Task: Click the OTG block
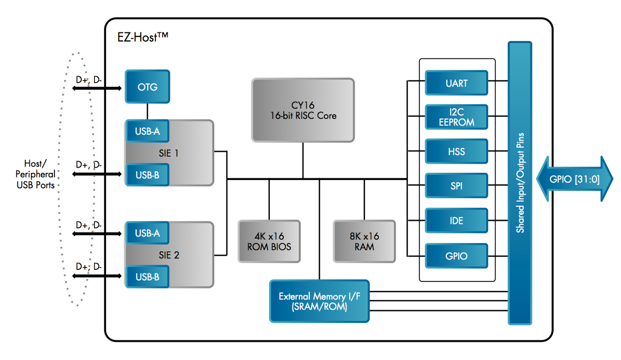pos(147,87)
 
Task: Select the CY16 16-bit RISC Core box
pos(303,110)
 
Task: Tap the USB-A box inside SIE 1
pos(147,131)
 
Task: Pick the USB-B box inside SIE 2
pos(147,277)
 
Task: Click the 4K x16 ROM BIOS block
pos(269,241)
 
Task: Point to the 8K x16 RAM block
pos(364,241)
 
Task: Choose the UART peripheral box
pos(456,83)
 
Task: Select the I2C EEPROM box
pos(456,117)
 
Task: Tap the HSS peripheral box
pos(456,151)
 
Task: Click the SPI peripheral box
pos(456,186)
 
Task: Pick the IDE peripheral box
pos(456,221)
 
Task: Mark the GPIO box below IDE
pos(456,256)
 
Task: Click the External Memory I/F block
pos(319,301)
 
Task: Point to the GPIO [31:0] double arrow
pos(574,179)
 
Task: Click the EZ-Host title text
pos(142,37)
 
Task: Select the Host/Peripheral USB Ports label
pos(35,174)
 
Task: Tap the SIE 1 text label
pos(168,153)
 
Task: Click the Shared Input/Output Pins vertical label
pos(520,183)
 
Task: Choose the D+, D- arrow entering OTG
pos(97,88)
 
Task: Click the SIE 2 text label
pos(169,255)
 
